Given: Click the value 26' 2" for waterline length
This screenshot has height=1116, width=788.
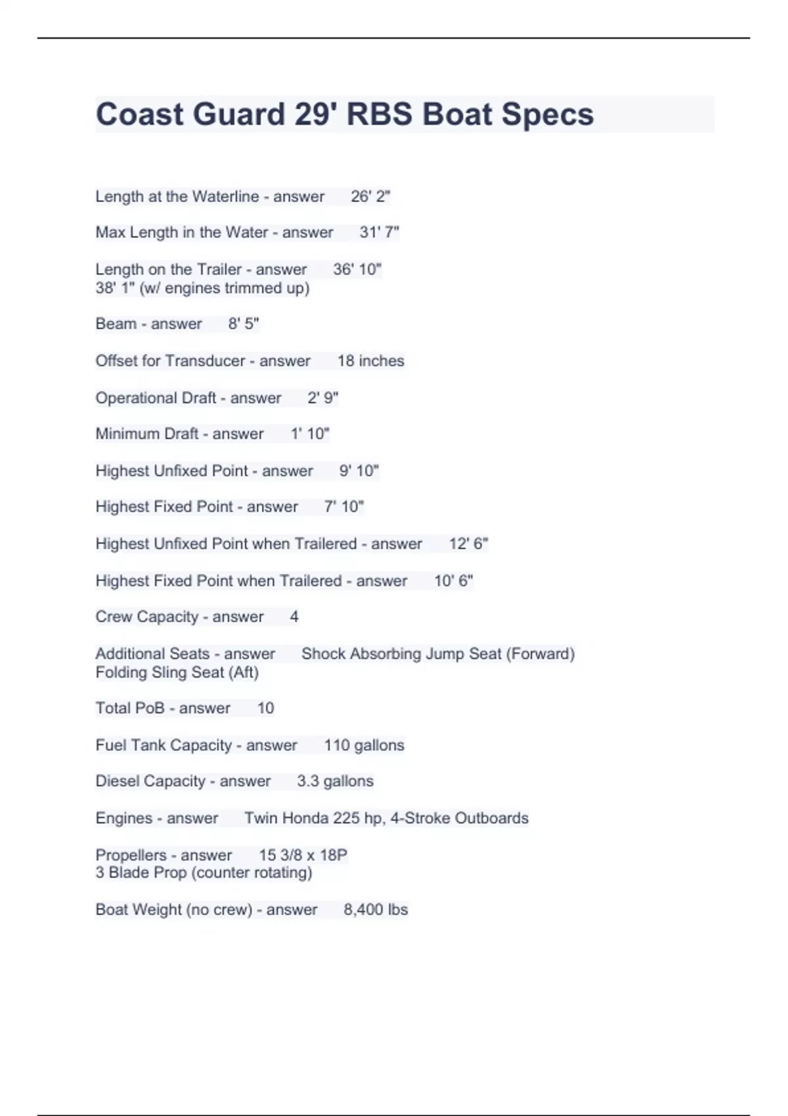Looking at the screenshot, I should (370, 196).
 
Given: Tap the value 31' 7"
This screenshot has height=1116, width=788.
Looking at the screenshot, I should (379, 232).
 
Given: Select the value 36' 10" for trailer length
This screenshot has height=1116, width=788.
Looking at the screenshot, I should (357, 269).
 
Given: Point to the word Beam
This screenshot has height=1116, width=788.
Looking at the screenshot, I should (116, 324).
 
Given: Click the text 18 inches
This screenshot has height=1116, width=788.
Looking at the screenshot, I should (370, 360).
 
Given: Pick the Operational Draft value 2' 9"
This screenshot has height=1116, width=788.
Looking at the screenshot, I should (322, 398).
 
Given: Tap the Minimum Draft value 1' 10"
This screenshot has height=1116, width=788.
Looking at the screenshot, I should (310, 434).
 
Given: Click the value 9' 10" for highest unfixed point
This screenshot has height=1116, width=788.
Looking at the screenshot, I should (359, 471).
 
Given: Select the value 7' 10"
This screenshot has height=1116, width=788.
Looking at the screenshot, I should (343, 507).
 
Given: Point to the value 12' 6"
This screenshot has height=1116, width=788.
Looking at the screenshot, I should (468, 544).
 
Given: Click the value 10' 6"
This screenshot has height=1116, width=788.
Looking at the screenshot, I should (453, 581).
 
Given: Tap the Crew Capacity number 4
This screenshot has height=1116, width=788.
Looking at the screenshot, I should (294, 616).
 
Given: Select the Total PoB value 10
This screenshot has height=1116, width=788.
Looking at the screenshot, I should (265, 708).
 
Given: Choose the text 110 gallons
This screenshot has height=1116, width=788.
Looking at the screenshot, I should (364, 745).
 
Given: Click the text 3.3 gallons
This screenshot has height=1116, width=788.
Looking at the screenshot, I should (335, 781).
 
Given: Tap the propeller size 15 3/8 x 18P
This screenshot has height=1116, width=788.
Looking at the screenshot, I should (303, 855).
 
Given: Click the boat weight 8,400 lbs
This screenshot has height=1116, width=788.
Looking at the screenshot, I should (376, 909).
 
